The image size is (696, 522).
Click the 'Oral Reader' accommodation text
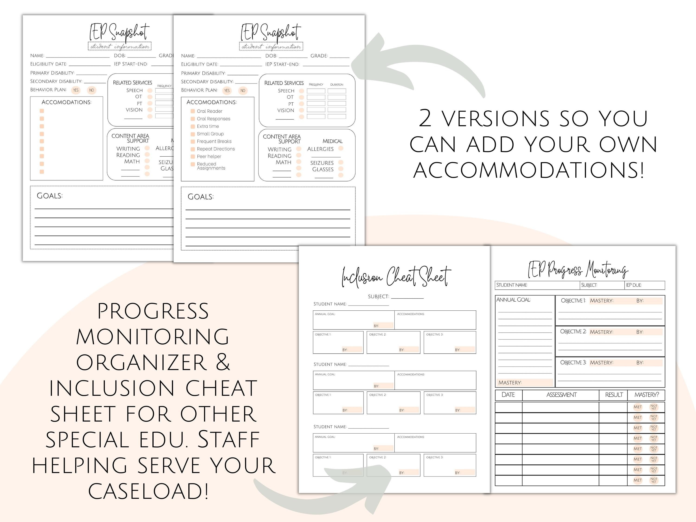pyautogui.click(x=209, y=111)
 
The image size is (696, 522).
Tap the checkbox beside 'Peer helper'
pyautogui.click(x=193, y=157)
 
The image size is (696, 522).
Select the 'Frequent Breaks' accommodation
pyautogui.click(x=214, y=142)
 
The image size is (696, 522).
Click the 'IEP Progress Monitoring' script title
pyautogui.click(x=578, y=270)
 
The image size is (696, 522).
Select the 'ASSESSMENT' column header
pyautogui.click(x=561, y=395)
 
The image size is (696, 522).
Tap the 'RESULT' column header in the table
pyautogui.click(x=614, y=395)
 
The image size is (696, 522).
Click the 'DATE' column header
pyautogui.click(x=508, y=395)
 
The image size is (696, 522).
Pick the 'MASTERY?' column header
pyautogui.click(x=647, y=395)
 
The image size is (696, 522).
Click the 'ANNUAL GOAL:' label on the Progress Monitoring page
pyautogui.click(x=513, y=300)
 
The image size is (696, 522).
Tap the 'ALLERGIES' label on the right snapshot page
pyautogui.click(x=320, y=149)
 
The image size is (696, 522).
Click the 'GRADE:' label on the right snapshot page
pyautogui.click(x=319, y=56)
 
